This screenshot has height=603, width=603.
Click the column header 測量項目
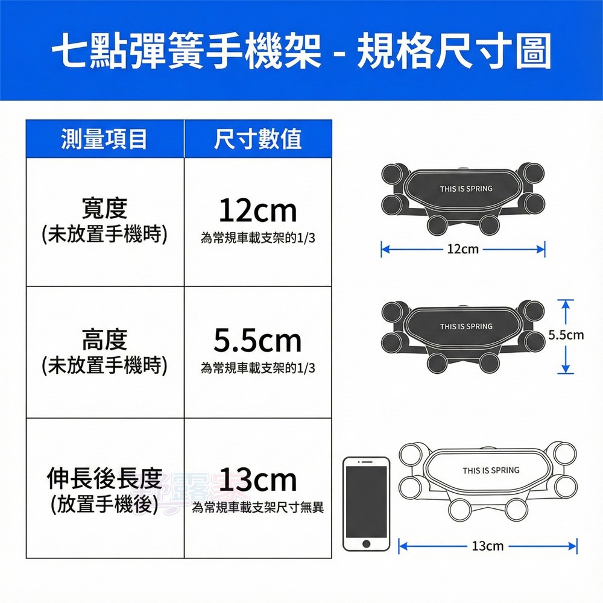pos(104,139)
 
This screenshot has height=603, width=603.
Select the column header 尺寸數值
pos(257,139)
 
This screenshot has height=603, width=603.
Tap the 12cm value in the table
pos(257,211)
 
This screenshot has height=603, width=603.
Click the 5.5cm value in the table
pos(257,341)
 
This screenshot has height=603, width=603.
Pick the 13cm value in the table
pos(257,480)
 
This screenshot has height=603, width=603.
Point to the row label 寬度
pos(104,209)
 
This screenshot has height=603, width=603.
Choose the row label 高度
pos(104,339)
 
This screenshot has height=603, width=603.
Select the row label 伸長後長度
pos(104,479)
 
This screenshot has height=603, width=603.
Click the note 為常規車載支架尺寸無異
pos(257,508)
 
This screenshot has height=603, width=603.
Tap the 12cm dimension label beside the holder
pos(463,248)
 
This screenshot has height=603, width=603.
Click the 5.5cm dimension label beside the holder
pos(566,335)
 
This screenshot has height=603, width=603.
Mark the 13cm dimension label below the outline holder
pos(487,546)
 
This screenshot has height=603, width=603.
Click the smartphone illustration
pos(366,504)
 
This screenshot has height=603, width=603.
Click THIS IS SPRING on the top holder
pos(466,189)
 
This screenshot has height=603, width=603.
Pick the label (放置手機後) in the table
pos(104,504)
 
